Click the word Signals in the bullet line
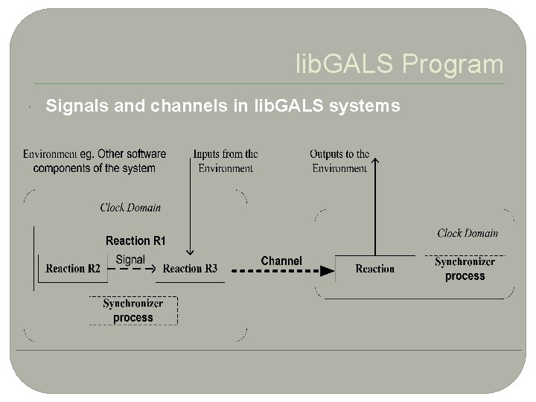tap(73, 107)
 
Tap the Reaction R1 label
tap(135, 240)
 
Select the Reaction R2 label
tap(73, 269)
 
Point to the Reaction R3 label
tap(190, 269)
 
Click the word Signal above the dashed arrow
tap(130, 260)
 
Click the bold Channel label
tap(281, 261)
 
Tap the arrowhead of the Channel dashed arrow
tap(326, 271)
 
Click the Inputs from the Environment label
tap(226, 161)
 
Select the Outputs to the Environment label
tap(339, 161)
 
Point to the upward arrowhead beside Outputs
tap(374, 159)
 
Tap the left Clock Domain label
tap(130, 208)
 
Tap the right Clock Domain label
tap(468, 233)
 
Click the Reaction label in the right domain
tap(374, 269)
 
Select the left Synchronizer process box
tap(133, 310)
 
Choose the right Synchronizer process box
tap(465, 269)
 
